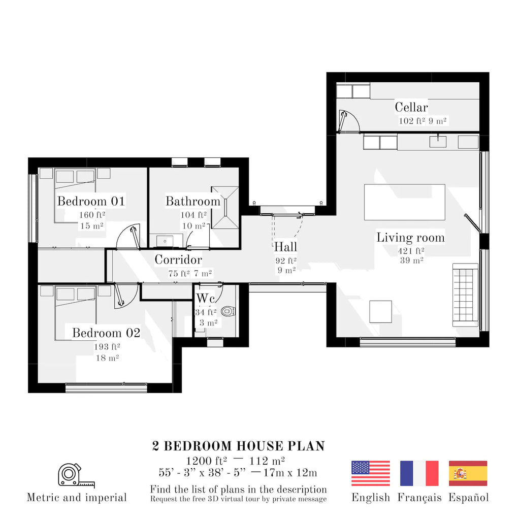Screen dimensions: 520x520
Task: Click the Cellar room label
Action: (x=411, y=107)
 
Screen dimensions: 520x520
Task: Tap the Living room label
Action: (x=410, y=238)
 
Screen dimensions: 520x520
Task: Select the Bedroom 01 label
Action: (x=91, y=201)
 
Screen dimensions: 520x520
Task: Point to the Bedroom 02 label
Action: (x=106, y=333)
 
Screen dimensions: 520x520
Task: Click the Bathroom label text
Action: (x=193, y=201)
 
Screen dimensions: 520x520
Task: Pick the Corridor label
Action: (x=178, y=260)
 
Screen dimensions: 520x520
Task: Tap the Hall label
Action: (x=285, y=247)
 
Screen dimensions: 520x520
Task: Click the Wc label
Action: (x=206, y=298)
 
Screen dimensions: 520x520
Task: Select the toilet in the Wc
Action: (x=229, y=311)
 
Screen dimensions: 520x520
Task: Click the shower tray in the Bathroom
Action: (x=225, y=208)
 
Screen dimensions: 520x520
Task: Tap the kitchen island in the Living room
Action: (x=404, y=202)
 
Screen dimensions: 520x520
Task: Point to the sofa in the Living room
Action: (x=465, y=295)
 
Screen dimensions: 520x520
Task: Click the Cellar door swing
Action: (x=349, y=121)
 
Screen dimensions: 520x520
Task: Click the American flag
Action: (x=371, y=473)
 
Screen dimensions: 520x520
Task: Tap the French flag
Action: (x=419, y=473)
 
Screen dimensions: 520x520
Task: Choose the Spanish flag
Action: (x=468, y=473)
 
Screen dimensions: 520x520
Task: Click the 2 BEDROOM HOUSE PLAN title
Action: (x=238, y=446)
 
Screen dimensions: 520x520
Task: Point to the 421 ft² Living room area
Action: (x=411, y=250)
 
